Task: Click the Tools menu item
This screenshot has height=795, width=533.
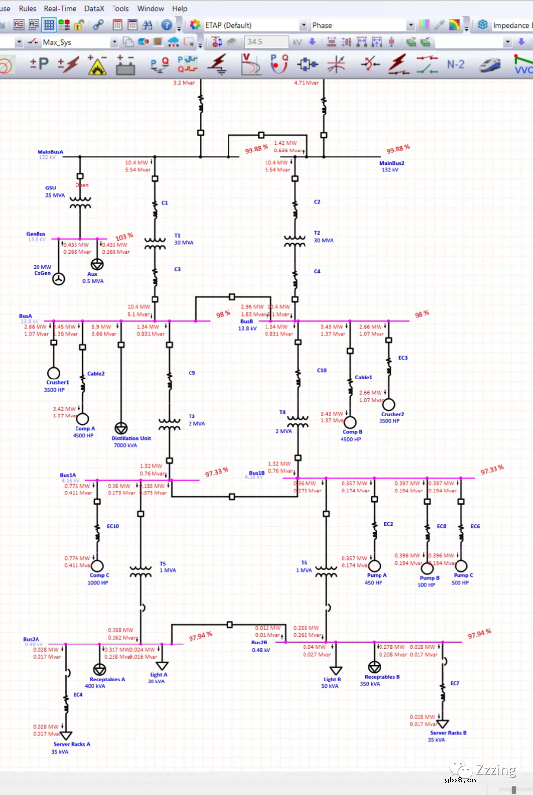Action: pos(120,9)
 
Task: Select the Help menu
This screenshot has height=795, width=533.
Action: pos(179,9)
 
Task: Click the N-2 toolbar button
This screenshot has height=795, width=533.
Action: pos(455,64)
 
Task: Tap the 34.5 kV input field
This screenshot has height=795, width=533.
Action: pos(266,42)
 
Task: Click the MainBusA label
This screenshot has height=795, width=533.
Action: pos(50,152)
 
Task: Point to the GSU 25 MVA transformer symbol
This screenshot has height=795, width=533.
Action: pos(80,203)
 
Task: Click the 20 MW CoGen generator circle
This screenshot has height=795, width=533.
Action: pos(59,279)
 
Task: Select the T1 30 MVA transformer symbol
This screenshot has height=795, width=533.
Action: pos(155,243)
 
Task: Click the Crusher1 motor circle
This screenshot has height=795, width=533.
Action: pos(54,373)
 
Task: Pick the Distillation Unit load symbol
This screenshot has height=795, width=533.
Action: pos(121,428)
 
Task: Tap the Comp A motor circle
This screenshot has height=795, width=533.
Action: pos(82,419)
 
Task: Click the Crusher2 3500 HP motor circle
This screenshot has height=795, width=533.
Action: pos(389,405)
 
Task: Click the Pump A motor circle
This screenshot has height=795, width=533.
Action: pos(374,566)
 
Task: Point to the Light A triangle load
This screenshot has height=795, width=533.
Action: pos(162,666)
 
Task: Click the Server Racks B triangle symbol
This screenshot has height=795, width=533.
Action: pos(443,724)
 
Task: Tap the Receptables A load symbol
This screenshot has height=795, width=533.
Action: pos(100,669)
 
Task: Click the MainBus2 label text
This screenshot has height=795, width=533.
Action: pos(391,163)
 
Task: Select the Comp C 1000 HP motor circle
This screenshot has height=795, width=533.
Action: pos(97,566)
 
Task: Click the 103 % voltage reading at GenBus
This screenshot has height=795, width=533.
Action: pos(124,237)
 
